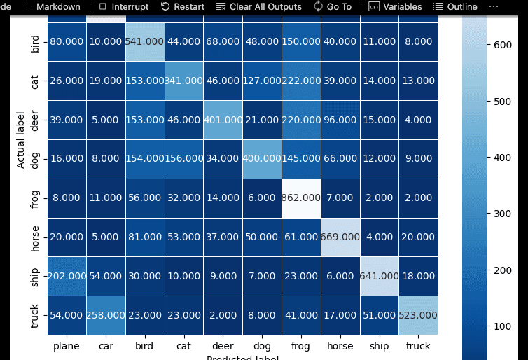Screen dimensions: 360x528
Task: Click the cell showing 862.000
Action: (x=302, y=198)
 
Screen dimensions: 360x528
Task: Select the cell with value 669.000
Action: (x=341, y=237)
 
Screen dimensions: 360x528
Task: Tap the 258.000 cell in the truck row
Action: (x=106, y=315)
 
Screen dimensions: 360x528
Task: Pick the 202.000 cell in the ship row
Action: (x=67, y=276)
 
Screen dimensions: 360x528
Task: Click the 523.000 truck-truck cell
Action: (x=418, y=315)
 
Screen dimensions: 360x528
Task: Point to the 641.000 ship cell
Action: (x=379, y=276)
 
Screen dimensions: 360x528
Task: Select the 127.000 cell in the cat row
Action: (x=263, y=80)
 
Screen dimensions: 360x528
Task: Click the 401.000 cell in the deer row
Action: (x=223, y=119)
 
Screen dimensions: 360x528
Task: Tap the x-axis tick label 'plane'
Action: (x=67, y=345)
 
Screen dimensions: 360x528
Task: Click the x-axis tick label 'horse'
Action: (x=341, y=345)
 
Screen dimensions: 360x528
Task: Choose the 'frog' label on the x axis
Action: (x=302, y=345)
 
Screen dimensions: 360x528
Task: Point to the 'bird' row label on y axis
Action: (x=35, y=41)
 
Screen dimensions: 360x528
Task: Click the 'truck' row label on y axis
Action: (x=35, y=315)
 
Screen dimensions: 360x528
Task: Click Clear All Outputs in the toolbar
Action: (x=258, y=6)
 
